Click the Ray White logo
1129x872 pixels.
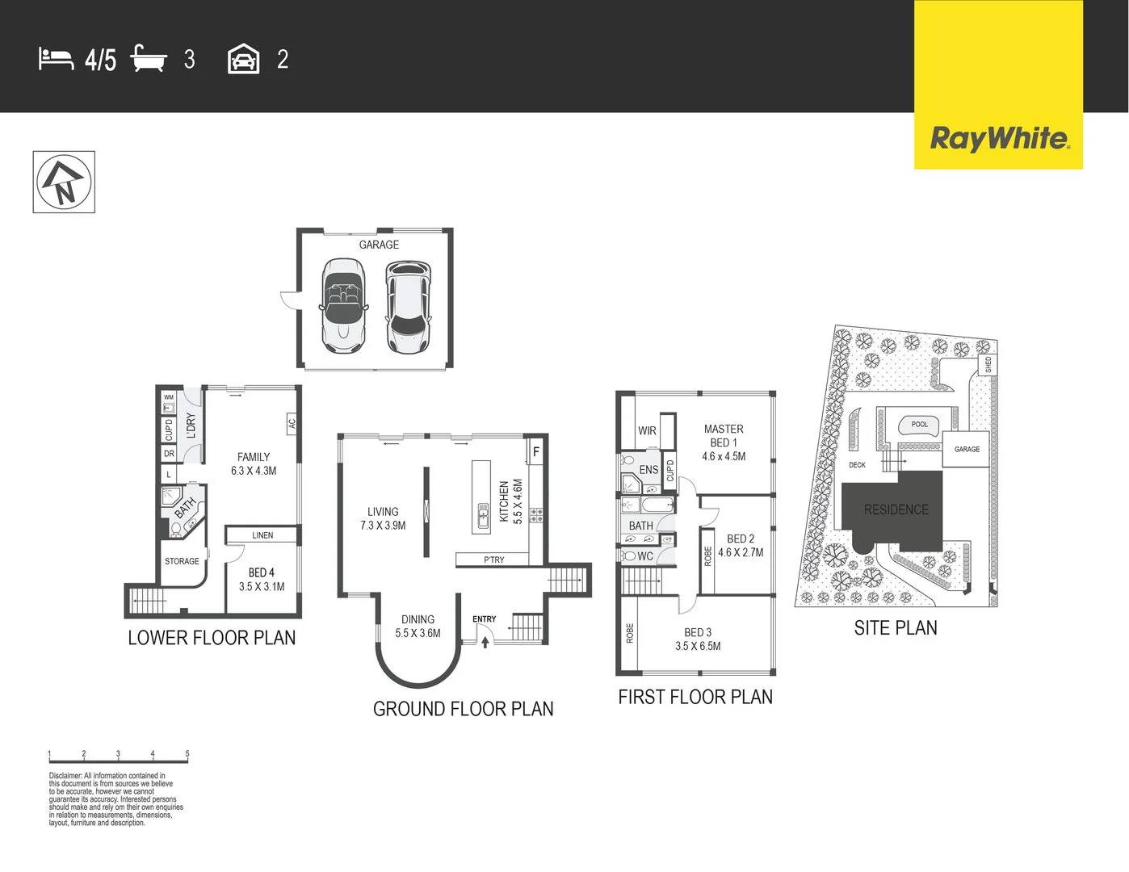pos(999,138)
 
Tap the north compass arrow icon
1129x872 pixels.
pos(64,182)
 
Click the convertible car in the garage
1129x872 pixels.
pos(343,304)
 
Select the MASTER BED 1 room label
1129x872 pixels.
pos(724,442)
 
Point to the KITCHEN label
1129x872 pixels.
pos(505,501)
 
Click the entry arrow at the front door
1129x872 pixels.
pos(485,642)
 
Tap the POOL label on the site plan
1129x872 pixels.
pos(920,424)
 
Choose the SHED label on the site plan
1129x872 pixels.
pos(988,365)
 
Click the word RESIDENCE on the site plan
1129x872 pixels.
pos(896,509)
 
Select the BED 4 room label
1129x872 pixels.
pos(261,572)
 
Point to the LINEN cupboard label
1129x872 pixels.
pos(262,535)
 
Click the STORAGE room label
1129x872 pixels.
pos(182,561)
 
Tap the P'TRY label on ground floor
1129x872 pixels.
pos(493,560)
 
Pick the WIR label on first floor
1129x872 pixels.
pos(647,430)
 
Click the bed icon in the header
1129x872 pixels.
pos(56,59)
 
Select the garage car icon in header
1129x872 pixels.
pos(243,60)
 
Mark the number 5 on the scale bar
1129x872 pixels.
pos(187,753)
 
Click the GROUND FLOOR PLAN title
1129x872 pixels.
pos(463,709)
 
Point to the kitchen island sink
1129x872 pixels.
pos(483,514)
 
